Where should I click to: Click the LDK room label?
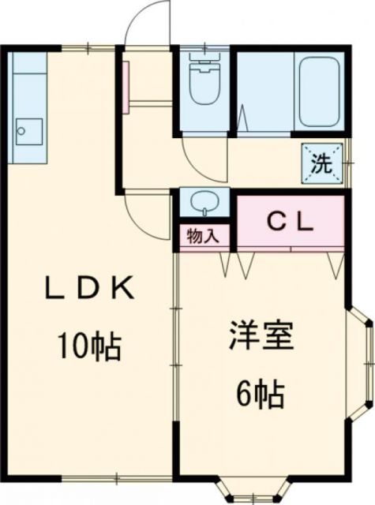pos(88,289)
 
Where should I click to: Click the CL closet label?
pos(288,220)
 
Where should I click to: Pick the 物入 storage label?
pos(204,236)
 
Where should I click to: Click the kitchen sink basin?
pos(28,129)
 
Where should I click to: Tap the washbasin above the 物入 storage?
pos(204,202)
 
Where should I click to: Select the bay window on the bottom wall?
pos(251,488)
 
